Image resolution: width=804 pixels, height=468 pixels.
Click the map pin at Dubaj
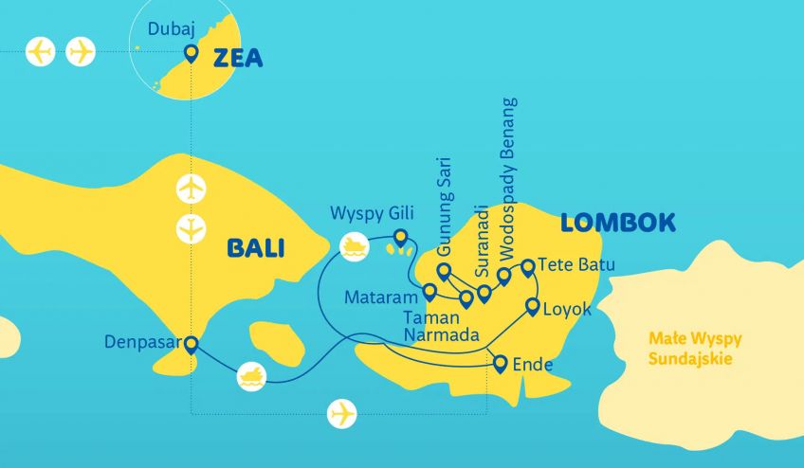pos(191,54)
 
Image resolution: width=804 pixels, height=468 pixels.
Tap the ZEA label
pos(237,59)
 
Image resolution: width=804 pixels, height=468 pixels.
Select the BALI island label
pos(256,248)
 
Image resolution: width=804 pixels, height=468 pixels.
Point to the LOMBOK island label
pos(617,224)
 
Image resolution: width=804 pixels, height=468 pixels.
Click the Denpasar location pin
pos(191,346)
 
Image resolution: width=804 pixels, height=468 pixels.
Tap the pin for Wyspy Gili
pos(400,238)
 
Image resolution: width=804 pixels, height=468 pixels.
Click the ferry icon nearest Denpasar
pos(251,375)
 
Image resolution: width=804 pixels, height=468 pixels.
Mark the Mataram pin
pos(429,292)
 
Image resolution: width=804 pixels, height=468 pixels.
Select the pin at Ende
pos(501,363)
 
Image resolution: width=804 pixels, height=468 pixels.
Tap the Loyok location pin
pos(533,307)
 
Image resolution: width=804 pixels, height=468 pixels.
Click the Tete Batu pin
pos(528,267)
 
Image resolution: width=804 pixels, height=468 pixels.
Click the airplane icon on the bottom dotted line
pos(341,413)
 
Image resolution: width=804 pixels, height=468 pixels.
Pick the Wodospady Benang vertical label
pos(509,179)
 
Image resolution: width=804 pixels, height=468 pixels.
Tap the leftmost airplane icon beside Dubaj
pos(41,51)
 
